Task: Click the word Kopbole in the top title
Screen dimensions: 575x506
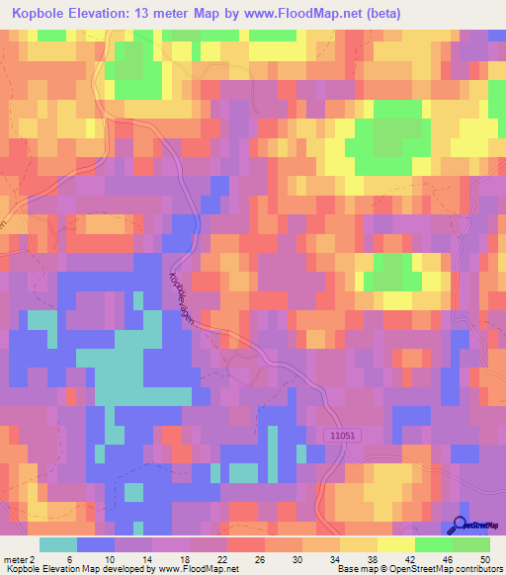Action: [45, 13]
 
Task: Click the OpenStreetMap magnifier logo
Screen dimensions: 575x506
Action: [461, 527]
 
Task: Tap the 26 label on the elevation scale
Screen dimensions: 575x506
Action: [260, 558]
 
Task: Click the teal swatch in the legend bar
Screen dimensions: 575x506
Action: [58, 544]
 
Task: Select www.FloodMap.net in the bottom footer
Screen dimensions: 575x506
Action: [205, 568]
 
